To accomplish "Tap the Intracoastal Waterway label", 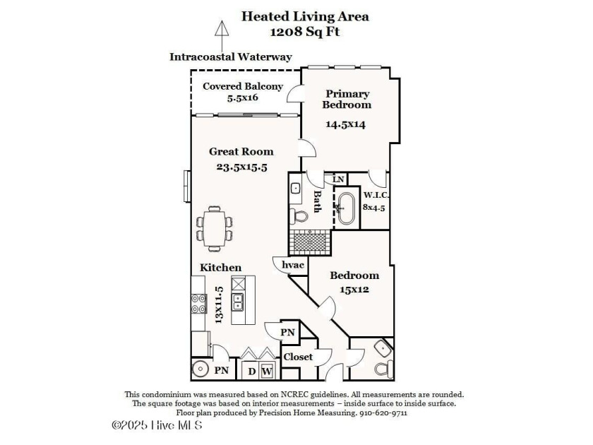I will [x=231, y=57].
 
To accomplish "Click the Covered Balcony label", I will [x=243, y=87].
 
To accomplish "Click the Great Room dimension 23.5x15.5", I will [x=241, y=167].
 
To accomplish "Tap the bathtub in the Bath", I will [x=346, y=208].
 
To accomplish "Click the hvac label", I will [x=293, y=265].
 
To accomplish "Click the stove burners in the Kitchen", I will [x=198, y=304].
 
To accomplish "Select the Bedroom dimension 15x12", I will [x=354, y=289].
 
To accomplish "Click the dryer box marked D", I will [x=251, y=371].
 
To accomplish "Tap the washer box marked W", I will [x=267, y=371].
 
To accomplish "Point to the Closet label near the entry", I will [x=298, y=357].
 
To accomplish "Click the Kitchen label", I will [x=221, y=268].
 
